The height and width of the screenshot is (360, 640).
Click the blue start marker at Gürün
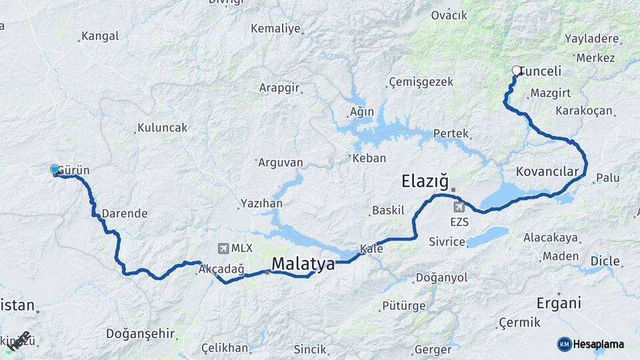tap(55, 169)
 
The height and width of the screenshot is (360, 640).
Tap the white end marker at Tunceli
tap(516, 70)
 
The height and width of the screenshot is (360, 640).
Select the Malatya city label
tap(303, 264)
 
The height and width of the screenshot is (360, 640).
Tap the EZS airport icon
tap(459, 207)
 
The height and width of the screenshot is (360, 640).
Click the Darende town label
tap(125, 213)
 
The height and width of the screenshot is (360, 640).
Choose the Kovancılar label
tap(547, 172)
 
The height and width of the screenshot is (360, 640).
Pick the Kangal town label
tap(100, 37)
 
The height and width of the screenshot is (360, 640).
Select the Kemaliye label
tap(276, 29)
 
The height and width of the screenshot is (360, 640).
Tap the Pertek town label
tap(451, 133)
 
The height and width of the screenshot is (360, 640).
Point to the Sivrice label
tap(447, 241)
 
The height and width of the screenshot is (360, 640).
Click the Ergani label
tap(559, 303)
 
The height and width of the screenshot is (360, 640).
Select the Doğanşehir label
tap(140, 333)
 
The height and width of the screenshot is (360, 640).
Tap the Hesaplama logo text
tap(598, 344)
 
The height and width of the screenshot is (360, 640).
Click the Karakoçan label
tap(583, 110)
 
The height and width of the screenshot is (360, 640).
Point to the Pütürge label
tap(403, 306)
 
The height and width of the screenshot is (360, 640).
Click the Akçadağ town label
tap(221, 269)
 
